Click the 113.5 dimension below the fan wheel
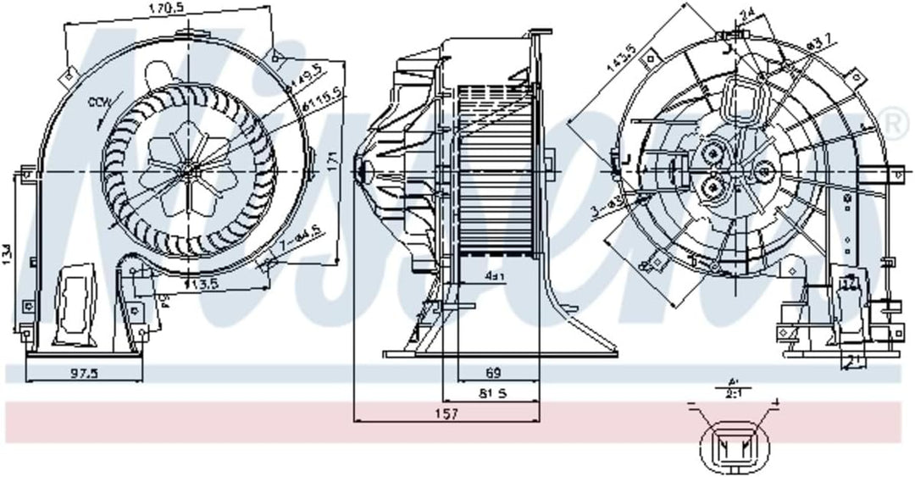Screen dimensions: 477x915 pos(199,284)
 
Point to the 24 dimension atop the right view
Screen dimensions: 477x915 pos(746,13)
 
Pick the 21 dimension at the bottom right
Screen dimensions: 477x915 pos(851,361)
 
